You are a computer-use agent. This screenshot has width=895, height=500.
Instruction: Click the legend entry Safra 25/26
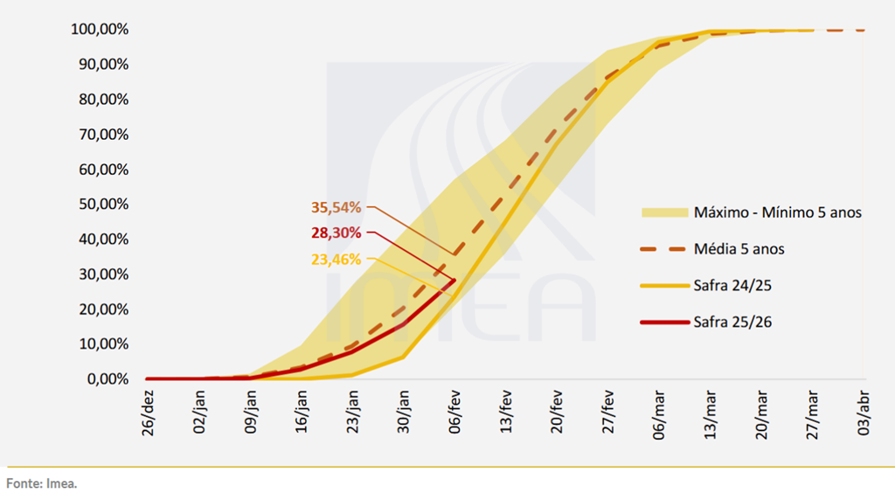732,322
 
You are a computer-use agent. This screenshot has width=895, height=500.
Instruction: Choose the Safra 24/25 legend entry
732,285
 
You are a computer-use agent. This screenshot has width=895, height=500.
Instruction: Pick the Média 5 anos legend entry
739,249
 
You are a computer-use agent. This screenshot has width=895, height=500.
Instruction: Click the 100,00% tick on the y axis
100,30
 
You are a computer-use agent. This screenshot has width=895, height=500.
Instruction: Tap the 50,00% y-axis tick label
103,205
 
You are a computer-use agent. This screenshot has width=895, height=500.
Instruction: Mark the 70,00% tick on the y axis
103,135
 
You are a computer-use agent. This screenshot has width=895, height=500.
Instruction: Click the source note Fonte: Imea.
42,483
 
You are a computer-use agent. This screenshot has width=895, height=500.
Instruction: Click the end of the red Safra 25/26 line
454,280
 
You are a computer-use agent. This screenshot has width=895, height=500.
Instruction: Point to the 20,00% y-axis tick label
103,309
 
